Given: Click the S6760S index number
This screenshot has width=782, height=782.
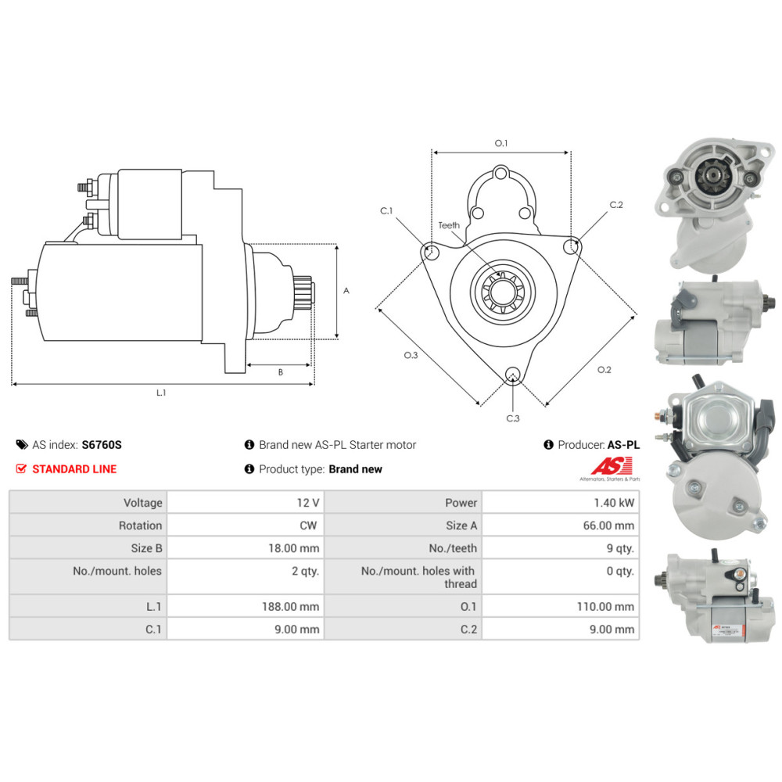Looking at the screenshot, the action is [102, 445].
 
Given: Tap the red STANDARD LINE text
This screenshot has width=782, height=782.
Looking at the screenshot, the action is [74, 469].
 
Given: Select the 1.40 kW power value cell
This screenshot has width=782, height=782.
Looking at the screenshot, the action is [561, 503].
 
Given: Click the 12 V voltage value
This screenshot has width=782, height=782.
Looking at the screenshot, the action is [307, 503].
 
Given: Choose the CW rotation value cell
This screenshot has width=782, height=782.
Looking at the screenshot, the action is [246, 526].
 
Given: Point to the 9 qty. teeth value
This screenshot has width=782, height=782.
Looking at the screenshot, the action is [620, 549].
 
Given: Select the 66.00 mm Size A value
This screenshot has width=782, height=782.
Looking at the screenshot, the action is [608, 526].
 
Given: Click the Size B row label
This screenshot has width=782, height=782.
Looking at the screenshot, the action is [147, 549].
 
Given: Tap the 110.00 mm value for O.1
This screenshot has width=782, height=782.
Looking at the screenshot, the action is [605, 607].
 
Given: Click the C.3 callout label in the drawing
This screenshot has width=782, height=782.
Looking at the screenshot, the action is [513, 418].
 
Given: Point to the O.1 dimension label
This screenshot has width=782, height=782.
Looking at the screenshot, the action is [500, 143].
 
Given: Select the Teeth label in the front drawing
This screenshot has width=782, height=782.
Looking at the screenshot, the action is [449, 225].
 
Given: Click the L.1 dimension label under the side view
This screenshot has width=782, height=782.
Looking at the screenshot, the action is [161, 393].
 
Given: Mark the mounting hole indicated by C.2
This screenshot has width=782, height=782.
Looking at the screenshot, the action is [571, 246].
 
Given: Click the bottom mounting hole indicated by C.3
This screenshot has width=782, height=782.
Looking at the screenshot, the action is [513, 375].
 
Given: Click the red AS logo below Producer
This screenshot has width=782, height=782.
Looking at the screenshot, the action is [612, 466].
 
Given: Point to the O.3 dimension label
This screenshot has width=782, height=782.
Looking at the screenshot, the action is [411, 355].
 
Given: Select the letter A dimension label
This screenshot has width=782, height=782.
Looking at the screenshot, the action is [346, 290].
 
